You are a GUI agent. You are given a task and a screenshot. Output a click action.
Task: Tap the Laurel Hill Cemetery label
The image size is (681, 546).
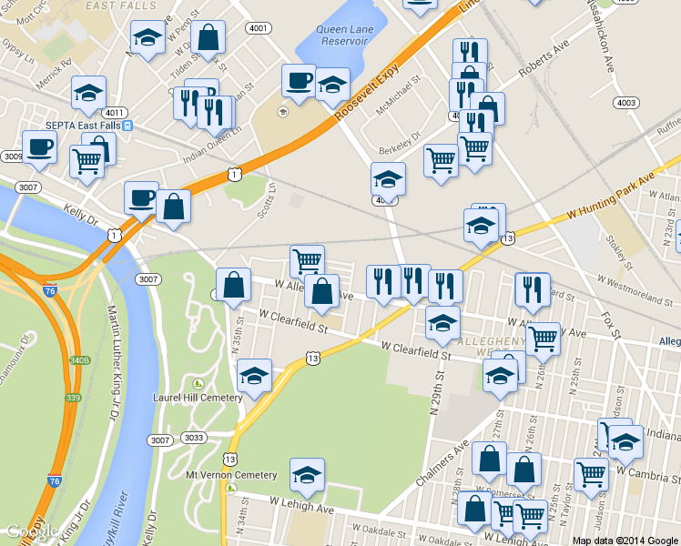198,398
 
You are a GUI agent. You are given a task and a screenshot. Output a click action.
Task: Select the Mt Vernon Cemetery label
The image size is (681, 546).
230,475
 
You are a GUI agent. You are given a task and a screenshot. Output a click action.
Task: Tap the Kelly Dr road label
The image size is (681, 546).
80,215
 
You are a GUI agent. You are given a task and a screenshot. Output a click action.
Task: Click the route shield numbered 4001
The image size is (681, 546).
258,28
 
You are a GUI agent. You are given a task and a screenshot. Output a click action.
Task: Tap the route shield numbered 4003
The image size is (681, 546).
625,103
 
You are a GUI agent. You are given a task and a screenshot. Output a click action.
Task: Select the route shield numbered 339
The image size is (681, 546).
73,397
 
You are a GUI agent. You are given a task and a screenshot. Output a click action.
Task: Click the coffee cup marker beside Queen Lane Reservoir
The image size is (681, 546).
298,82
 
